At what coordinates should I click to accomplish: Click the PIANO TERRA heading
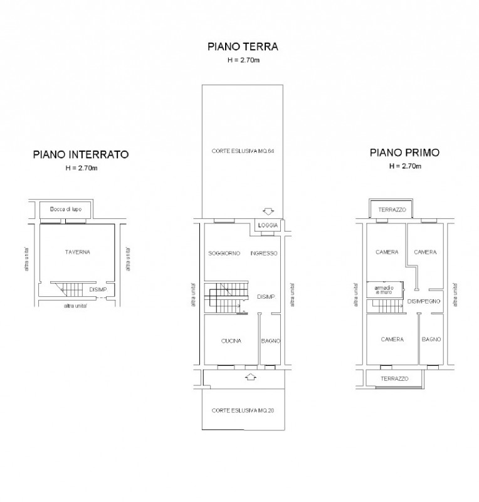pyautogui.click(x=243, y=46)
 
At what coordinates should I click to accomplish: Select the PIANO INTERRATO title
pyautogui.click(x=81, y=154)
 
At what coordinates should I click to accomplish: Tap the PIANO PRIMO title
pyautogui.click(x=405, y=152)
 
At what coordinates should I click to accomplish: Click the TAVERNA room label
pyautogui.click(x=78, y=252)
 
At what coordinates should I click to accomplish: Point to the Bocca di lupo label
pyautogui.click(x=66, y=210)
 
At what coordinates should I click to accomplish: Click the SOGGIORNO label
pyautogui.click(x=224, y=254)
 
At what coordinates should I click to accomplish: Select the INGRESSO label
pyautogui.click(x=264, y=254)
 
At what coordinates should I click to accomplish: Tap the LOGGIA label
pyautogui.click(x=268, y=225)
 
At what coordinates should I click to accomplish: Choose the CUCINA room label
pyautogui.click(x=231, y=341)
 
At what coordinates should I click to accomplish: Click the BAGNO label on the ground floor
pyautogui.click(x=271, y=341)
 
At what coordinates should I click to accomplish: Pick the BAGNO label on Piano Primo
pyautogui.click(x=431, y=339)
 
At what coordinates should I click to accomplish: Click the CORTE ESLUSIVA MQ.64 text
pyautogui.click(x=243, y=151)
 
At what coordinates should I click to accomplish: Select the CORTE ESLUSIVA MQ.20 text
pyautogui.click(x=243, y=411)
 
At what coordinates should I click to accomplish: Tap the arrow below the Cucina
pyautogui.click(x=251, y=377)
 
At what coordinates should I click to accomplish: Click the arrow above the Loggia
pyautogui.click(x=268, y=211)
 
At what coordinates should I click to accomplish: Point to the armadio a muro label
pyautogui.click(x=384, y=290)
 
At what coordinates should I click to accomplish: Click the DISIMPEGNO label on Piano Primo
pyautogui.click(x=424, y=302)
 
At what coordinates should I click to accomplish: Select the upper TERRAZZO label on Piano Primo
pyautogui.click(x=392, y=210)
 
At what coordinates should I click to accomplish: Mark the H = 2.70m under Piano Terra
pyautogui.click(x=243, y=60)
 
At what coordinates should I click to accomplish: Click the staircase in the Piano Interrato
pyautogui.click(x=68, y=289)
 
